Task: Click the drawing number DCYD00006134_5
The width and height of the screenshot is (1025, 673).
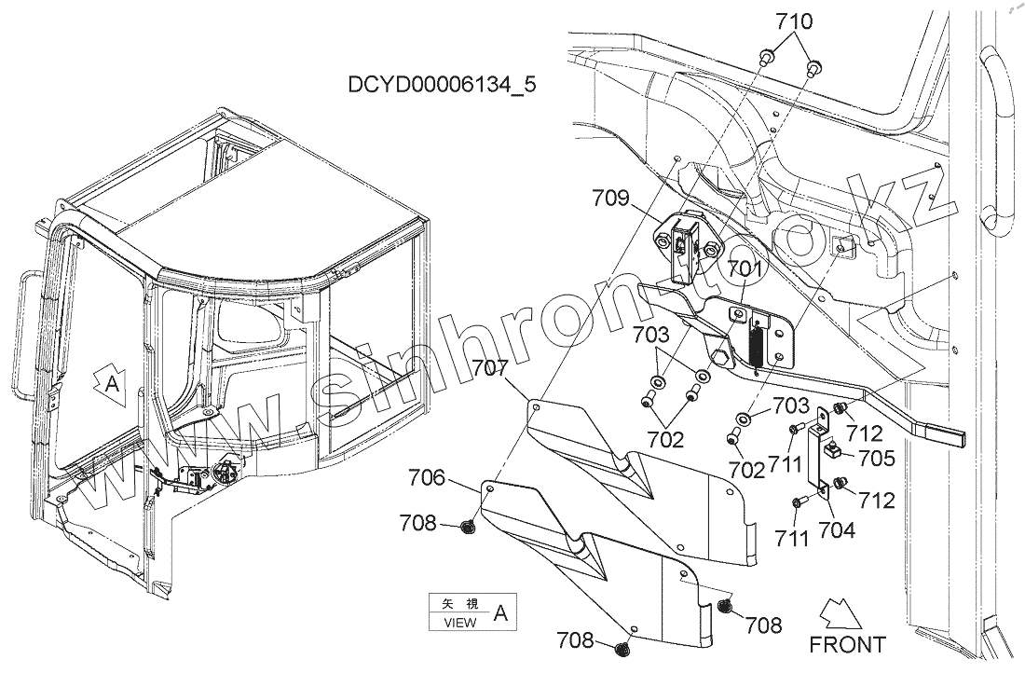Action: [442, 86]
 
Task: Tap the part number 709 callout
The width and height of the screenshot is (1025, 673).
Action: [611, 198]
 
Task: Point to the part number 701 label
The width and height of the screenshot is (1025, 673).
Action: [745, 270]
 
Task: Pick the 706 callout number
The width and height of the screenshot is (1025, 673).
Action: [428, 479]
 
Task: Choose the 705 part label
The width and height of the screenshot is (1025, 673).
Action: [878, 458]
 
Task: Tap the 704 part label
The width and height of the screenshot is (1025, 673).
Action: [836, 532]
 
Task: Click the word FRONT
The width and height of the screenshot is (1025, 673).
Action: [847, 643]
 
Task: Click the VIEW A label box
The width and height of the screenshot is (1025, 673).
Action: [471, 612]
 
